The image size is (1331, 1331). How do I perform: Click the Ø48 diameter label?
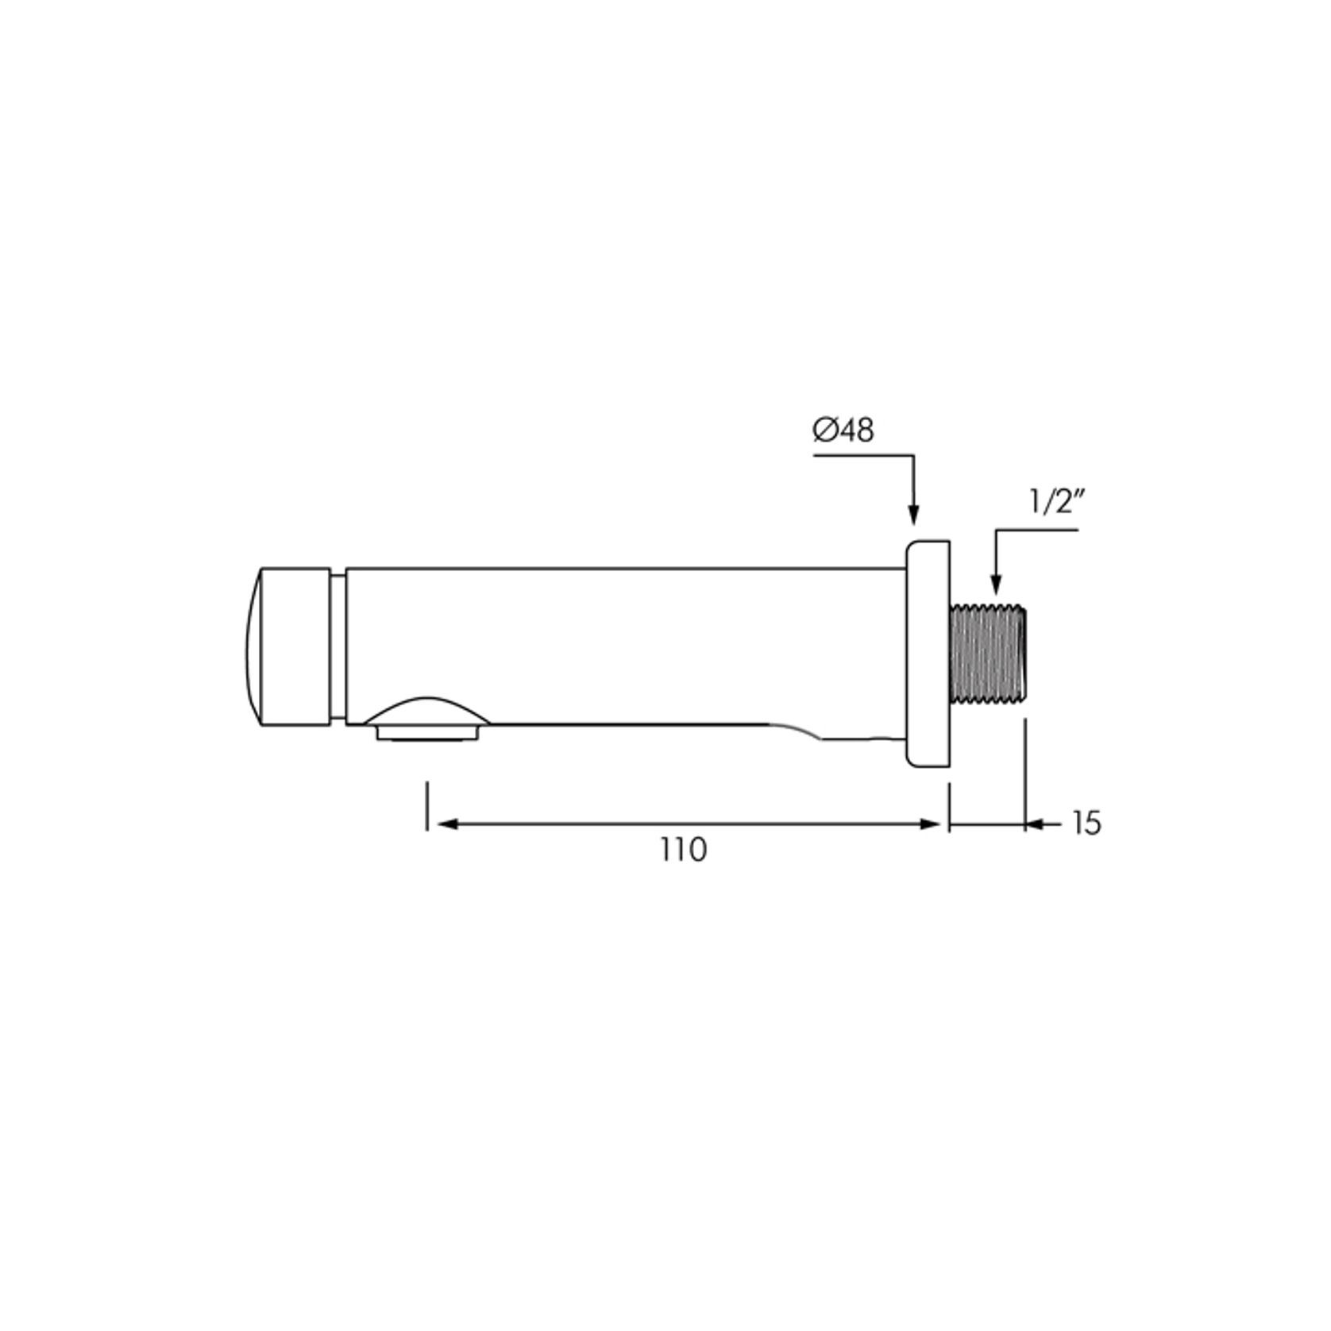tap(843, 430)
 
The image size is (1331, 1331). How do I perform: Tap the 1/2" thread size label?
tap(1057, 503)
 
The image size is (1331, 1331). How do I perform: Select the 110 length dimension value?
tap(683, 851)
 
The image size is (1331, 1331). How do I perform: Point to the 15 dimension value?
tap(1086, 824)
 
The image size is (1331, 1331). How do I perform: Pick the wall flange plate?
tap(928, 654)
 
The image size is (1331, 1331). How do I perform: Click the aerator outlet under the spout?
tap(429, 733)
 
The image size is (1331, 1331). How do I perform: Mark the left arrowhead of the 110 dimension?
tap(446, 824)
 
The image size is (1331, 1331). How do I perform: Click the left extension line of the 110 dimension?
tap(427, 805)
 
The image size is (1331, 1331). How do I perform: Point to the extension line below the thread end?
tap(1026, 766)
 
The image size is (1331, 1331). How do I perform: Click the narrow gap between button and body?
tap(338, 646)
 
